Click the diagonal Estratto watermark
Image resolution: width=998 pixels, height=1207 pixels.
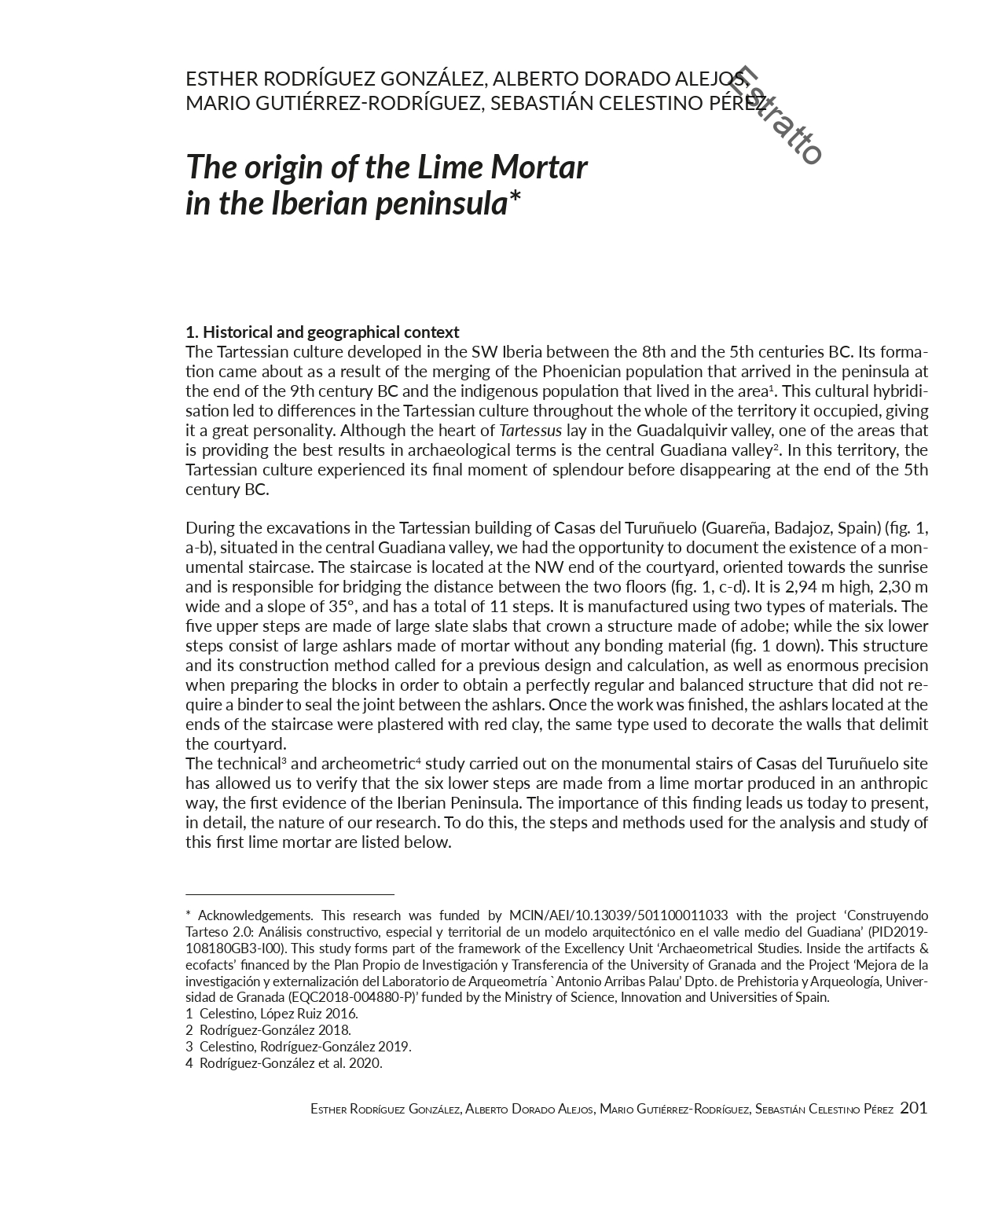click(776, 116)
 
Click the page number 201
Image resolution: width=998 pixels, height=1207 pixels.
click(913, 1108)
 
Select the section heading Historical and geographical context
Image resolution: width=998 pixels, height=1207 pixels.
click(322, 332)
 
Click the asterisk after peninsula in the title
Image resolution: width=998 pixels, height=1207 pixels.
click(514, 198)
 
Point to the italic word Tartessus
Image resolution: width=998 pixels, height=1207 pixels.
click(530, 431)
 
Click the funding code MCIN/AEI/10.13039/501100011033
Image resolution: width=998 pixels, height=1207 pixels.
click(618, 915)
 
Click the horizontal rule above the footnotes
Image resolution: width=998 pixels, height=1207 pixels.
click(289, 894)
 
